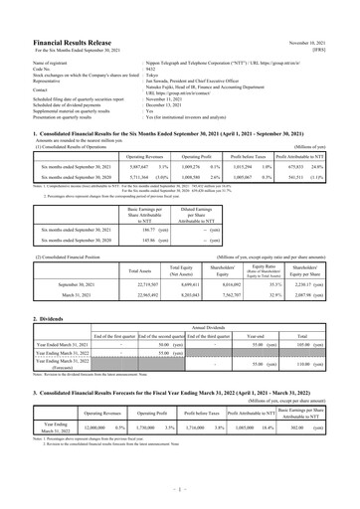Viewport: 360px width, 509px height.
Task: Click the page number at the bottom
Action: tap(180, 489)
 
